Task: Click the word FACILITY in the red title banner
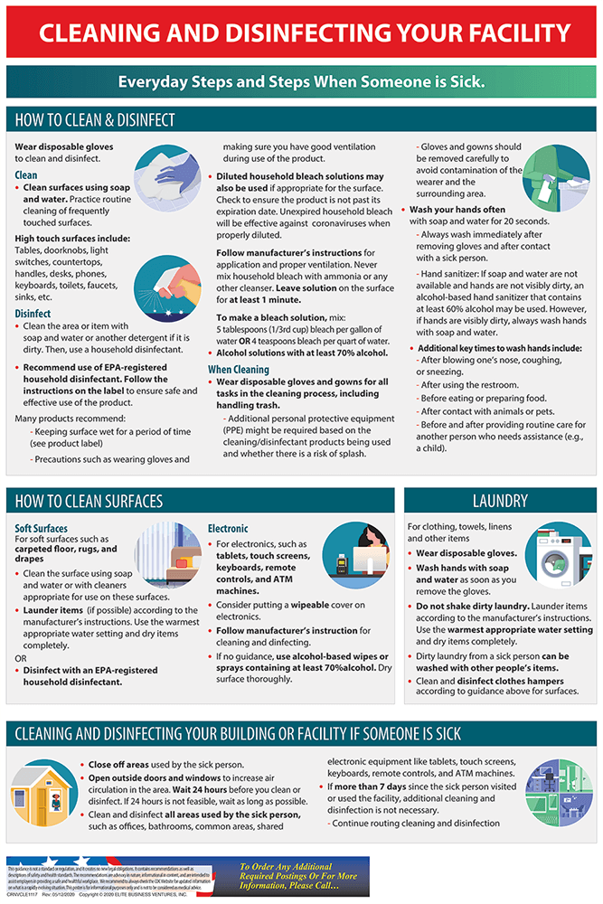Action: (510, 33)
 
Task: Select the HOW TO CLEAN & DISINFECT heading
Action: (95, 120)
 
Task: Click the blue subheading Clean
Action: (26, 174)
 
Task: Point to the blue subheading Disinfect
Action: (33, 314)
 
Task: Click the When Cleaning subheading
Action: (239, 370)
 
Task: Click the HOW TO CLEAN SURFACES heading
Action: (89, 501)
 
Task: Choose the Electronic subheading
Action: (228, 528)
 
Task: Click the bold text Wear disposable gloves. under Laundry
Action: (466, 552)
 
